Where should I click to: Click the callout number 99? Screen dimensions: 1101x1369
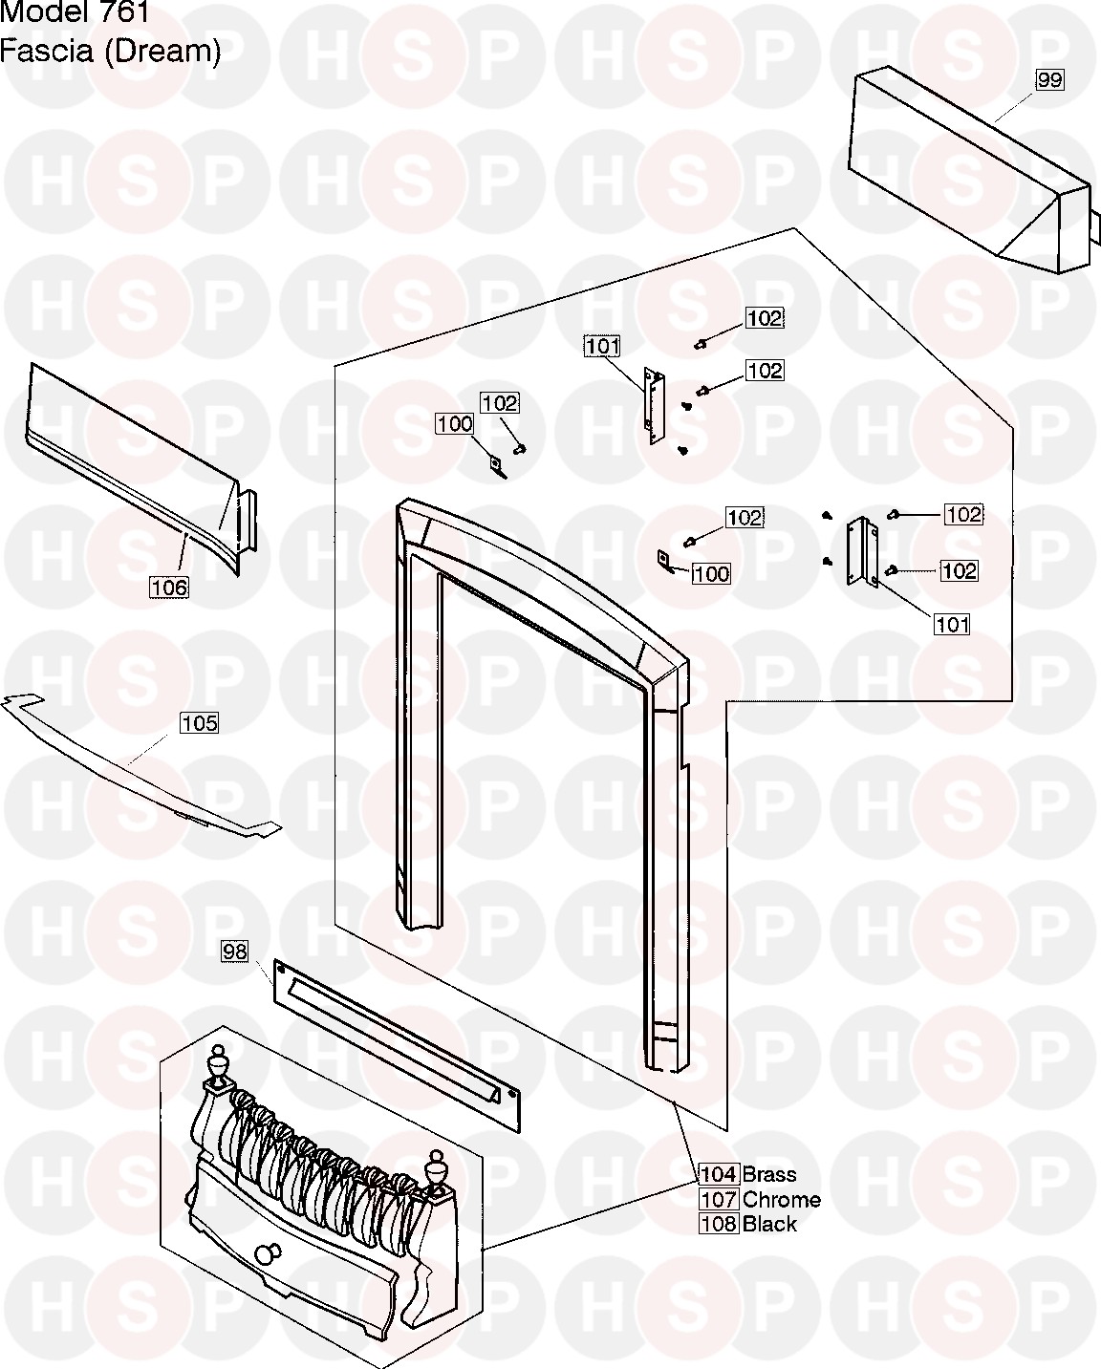pyautogui.click(x=1049, y=80)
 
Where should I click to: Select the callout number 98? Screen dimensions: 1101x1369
pyautogui.click(x=234, y=952)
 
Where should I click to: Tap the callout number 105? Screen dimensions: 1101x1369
pyautogui.click(x=199, y=722)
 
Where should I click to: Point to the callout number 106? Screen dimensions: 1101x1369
pyautogui.click(x=169, y=587)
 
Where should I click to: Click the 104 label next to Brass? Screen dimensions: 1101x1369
pyautogui.click(x=719, y=1174)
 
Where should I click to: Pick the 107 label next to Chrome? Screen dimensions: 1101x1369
pyautogui.click(x=719, y=1199)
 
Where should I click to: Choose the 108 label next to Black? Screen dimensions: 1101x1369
pyautogui.click(x=719, y=1224)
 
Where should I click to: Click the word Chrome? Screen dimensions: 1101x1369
pyautogui.click(x=782, y=1199)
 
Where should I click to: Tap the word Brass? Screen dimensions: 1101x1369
pyautogui.click(x=769, y=1174)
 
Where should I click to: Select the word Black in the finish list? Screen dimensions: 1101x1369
pyautogui.click(x=769, y=1224)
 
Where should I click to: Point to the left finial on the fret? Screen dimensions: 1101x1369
pyautogui.click(x=218, y=1066)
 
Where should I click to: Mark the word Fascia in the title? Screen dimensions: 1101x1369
pyautogui.click(x=47, y=51)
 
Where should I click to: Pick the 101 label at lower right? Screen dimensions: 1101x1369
pyautogui.click(x=952, y=624)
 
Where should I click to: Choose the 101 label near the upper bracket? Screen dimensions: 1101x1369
pyautogui.click(x=602, y=346)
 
